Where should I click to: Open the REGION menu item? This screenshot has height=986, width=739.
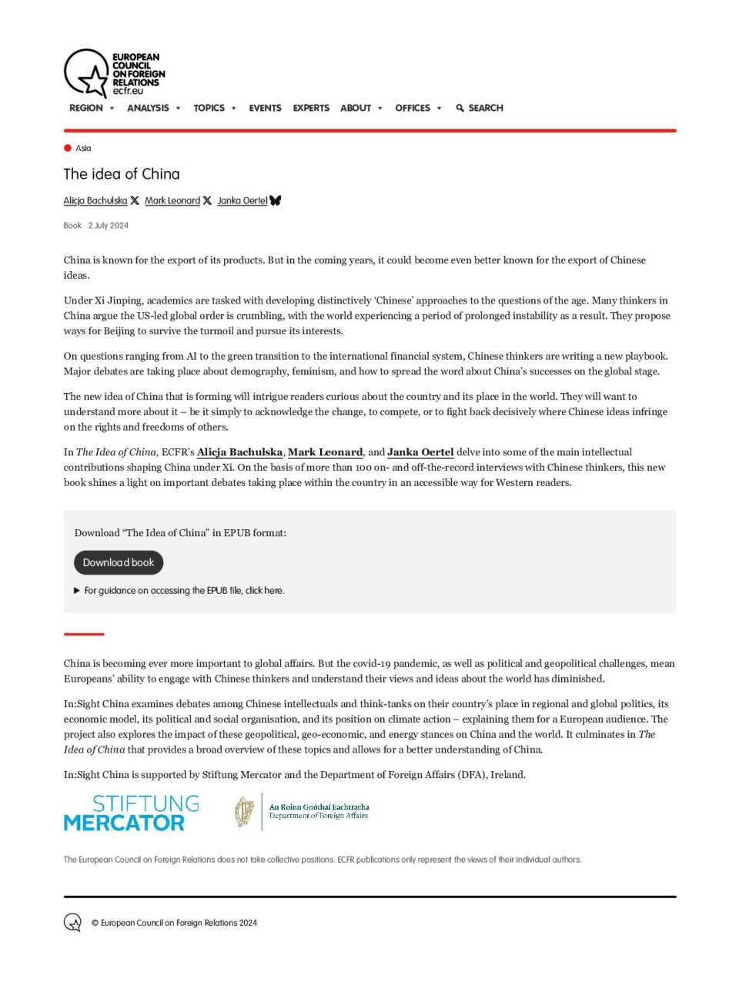pos(86,108)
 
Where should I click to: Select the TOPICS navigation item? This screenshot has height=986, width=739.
pos(209,108)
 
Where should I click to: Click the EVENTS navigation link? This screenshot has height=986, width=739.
pos(265,108)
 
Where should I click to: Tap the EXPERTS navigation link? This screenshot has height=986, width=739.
pos(311,108)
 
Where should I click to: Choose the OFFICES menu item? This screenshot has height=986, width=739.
pos(413,108)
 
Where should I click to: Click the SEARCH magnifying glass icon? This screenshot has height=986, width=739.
pos(460,108)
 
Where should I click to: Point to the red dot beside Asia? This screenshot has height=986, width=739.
pos(68,148)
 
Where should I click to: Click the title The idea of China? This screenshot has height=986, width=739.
pos(122,174)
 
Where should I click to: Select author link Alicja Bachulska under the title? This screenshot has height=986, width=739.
pos(95,200)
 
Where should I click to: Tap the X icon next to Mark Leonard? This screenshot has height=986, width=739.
pos(207,200)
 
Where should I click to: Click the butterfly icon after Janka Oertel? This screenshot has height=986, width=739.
pos(275,200)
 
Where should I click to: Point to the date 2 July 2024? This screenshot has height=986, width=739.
pos(109,226)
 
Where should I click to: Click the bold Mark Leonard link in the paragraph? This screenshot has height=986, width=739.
pos(325,452)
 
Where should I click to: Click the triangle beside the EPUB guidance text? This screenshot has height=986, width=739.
pos(77,591)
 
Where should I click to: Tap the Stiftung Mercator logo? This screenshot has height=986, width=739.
pos(132,813)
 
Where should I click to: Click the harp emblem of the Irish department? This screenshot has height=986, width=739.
pos(244,813)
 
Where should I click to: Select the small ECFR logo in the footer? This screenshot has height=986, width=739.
pos(72,922)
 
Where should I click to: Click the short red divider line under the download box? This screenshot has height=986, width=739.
pos(84,634)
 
